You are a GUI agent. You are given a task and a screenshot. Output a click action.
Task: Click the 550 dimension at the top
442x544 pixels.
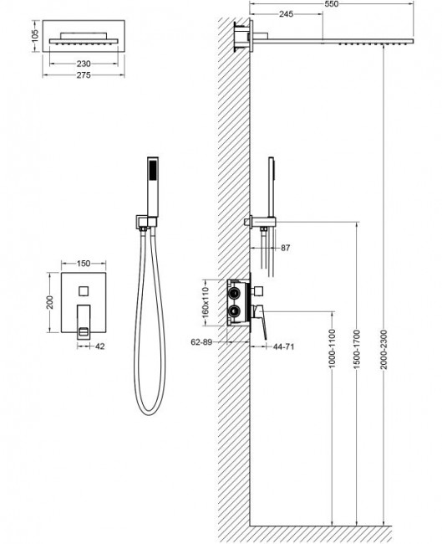pos(334,5)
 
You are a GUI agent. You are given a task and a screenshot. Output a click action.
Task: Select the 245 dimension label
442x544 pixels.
pos(285,15)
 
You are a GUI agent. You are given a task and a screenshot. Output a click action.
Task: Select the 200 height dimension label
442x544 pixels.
pos(50,300)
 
